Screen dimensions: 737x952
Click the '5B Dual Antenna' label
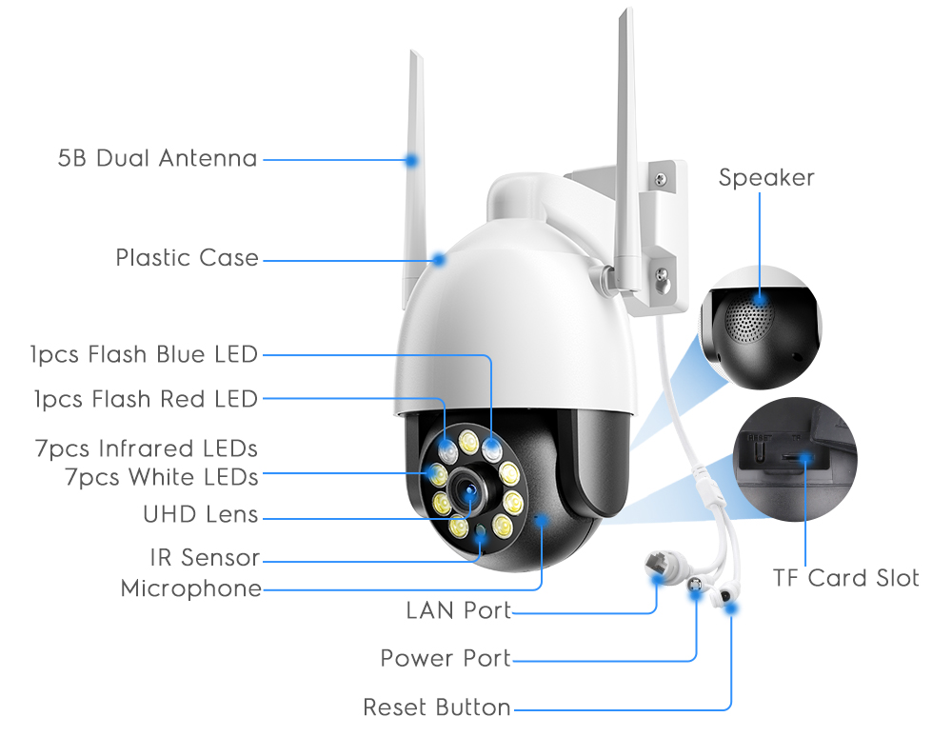tap(157, 158)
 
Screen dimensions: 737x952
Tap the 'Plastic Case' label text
tap(187, 258)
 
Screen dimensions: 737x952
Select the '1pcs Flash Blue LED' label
tap(144, 355)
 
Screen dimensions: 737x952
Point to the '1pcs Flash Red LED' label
tap(146, 399)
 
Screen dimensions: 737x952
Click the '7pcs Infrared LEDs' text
tap(146, 448)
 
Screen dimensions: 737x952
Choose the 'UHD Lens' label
tap(200, 515)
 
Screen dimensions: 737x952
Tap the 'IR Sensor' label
tap(204, 557)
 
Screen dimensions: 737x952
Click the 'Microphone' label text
tap(190, 589)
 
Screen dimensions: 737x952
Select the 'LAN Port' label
tap(459, 610)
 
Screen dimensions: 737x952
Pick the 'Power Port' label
tap(446, 658)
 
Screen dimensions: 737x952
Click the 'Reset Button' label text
tap(437, 707)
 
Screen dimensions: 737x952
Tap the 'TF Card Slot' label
tap(846, 578)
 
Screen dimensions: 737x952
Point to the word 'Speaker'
tap(766, 178)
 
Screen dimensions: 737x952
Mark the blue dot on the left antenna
tap(412, 159)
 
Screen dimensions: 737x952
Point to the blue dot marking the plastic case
tap(438, 258)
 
